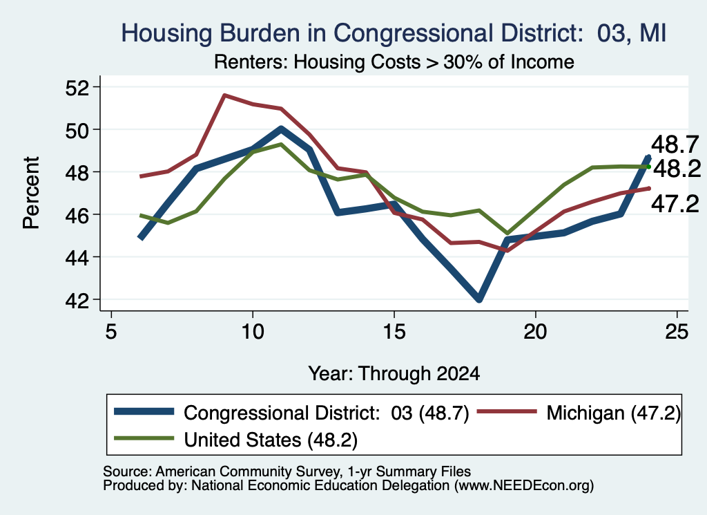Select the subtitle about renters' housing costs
pos(394,62)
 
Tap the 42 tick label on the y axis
pos(77,301)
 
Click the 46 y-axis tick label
pos(77,215)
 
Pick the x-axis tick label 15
pos(394,333)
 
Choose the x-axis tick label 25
pos(677,333)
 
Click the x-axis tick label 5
pos(111,333)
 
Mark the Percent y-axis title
pos(31,193)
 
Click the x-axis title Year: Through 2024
pos(394,374)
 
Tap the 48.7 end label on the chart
pos(675,144)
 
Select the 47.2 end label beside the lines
pos(675,204)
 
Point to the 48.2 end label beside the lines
pos(677,169)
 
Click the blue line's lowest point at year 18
pos(479,299)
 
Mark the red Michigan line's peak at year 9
pos(224,95)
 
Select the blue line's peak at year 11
pos(281,129)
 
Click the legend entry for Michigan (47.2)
pos(579,413)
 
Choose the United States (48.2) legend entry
pos(236,439)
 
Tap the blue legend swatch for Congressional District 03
pos(144,411)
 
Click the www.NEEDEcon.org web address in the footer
pos(524,486)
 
